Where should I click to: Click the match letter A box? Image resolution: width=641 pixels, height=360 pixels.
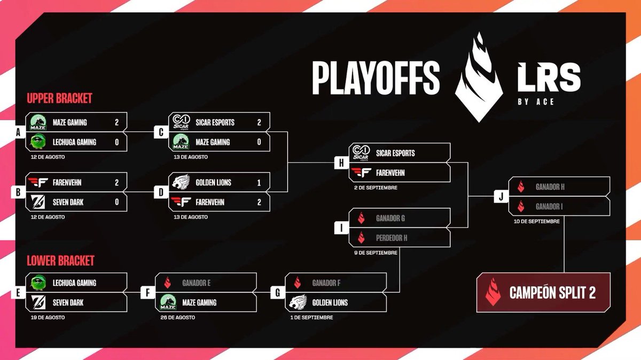18,132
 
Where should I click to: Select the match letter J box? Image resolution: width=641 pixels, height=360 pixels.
501,196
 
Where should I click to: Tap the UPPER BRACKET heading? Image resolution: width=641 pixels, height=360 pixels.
59,98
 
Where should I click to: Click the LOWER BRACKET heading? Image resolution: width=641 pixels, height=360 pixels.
60,260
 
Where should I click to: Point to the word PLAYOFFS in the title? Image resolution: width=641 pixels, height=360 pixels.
376,77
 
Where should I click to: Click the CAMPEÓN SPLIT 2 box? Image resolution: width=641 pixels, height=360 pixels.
543,292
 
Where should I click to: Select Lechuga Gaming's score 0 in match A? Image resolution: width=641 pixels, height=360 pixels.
116,142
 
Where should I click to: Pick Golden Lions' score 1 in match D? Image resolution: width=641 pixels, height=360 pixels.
259,182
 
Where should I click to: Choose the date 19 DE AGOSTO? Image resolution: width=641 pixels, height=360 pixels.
48,317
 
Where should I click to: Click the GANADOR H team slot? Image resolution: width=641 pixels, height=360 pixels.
558,186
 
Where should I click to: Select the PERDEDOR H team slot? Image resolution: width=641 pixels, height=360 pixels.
400,238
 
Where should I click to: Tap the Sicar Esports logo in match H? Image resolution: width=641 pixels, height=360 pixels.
361,153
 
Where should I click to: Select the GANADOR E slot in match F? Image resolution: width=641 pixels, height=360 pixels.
206,283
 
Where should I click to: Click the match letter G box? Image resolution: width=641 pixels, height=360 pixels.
277,293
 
